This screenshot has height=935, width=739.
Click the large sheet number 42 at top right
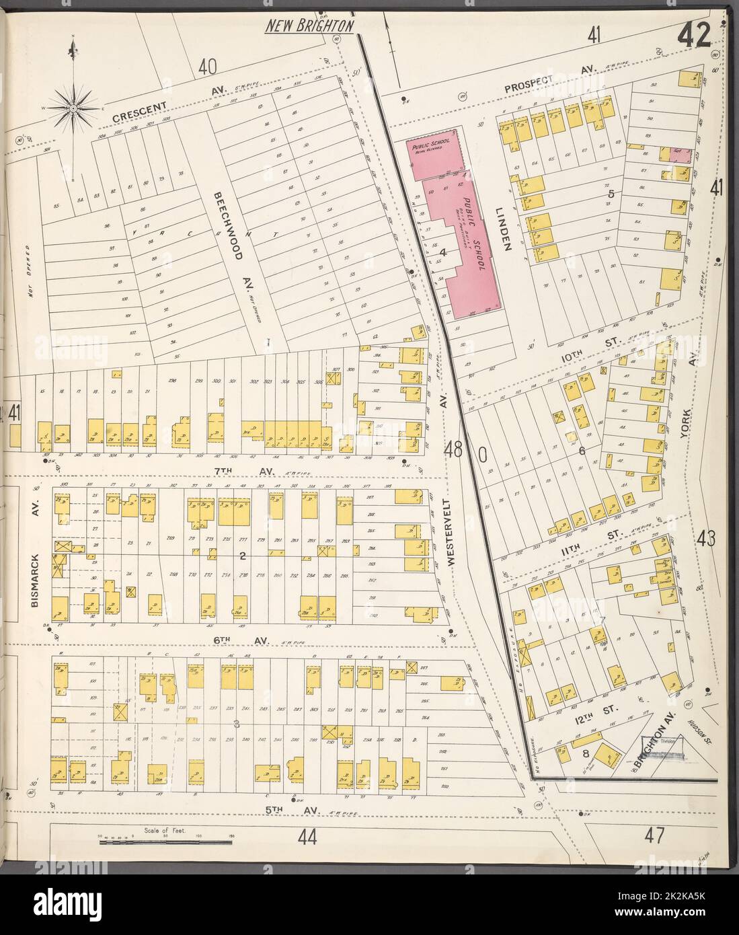click(x=694, y=36)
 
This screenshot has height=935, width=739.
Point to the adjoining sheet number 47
click(x=653, y=836)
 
